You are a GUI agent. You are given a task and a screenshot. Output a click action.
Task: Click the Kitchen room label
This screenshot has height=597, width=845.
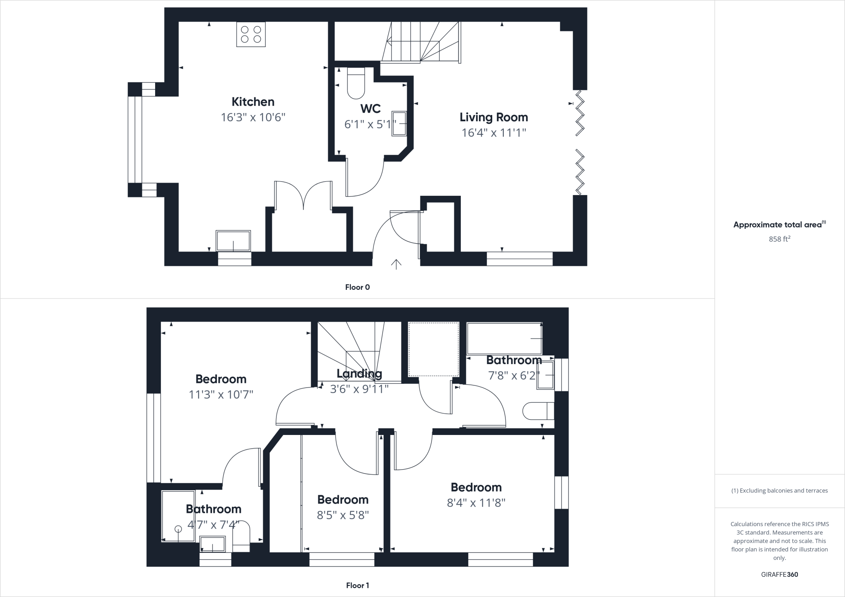point(253,102)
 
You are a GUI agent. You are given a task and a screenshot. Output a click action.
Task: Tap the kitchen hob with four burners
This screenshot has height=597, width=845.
point(251,34)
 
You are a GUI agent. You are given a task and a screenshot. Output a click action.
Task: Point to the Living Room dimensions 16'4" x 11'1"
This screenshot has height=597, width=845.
point(494,133)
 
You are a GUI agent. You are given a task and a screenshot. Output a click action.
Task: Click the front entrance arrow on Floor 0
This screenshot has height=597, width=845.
point(396,264)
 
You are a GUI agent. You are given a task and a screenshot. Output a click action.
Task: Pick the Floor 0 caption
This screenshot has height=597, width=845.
point(357,287)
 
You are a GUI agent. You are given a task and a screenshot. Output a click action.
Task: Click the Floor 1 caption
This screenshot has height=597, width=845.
point(357,585)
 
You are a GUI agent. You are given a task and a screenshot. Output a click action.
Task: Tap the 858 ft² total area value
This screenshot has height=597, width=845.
point(779,239)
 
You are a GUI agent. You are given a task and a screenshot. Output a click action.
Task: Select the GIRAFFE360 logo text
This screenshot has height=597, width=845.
point(779,574)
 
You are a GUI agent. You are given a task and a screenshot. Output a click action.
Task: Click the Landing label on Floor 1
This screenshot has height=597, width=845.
point(359,374)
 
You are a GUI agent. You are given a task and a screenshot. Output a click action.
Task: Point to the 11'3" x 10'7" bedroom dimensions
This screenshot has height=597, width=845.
point(221,395)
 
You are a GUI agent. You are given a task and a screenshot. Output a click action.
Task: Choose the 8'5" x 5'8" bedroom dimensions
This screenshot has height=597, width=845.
point(342,515)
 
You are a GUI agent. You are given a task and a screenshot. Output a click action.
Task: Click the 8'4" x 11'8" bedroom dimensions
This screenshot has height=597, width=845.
point(476,503)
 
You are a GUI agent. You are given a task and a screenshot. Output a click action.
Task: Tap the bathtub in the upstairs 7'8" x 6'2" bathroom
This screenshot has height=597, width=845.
point(504,338)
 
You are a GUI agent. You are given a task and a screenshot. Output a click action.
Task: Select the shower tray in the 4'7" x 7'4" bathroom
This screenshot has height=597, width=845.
point(178,516)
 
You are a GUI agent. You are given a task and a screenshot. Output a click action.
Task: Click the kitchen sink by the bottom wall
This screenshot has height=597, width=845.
point(233,241)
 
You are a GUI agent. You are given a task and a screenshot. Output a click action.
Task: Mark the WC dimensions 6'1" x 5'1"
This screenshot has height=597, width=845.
point(370,124)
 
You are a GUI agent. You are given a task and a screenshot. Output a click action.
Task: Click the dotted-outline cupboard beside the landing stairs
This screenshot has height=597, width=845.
point(433,349)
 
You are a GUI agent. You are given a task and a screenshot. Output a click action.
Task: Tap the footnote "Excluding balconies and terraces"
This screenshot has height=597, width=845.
point(779,491)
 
